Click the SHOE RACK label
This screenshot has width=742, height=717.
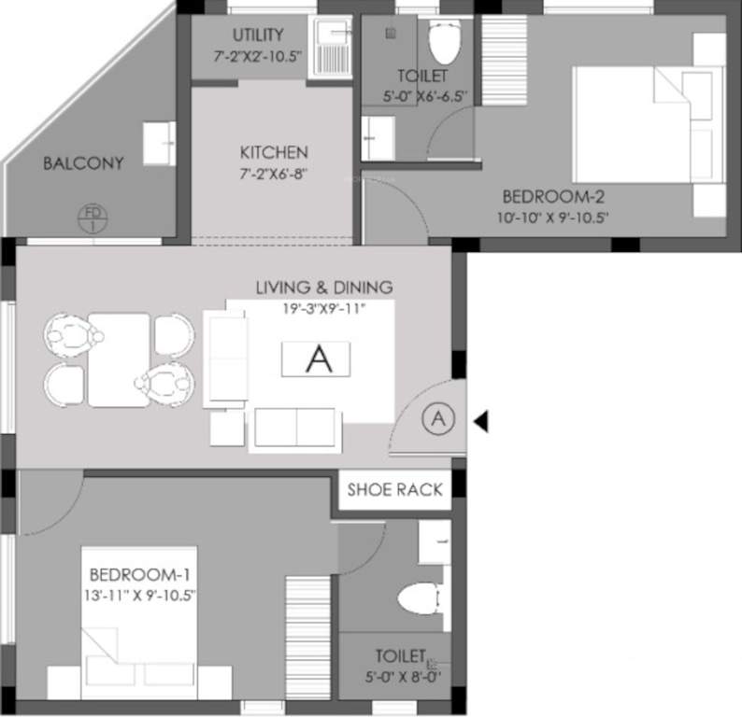(395, 489)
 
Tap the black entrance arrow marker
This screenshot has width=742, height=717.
(480, 422)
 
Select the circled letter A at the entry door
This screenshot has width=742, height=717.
(436, 420)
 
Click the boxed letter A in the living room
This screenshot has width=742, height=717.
(320, 359)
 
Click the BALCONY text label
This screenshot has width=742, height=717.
(83, 163)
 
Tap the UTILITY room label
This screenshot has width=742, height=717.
(258, 35)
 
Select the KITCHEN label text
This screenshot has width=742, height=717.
(273, 152)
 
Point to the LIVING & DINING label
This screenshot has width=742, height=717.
(324, 287)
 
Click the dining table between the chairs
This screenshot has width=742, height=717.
(119, 358)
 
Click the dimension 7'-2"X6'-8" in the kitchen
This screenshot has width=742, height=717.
(273, 173)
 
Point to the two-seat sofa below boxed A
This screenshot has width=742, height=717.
(296, 428)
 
